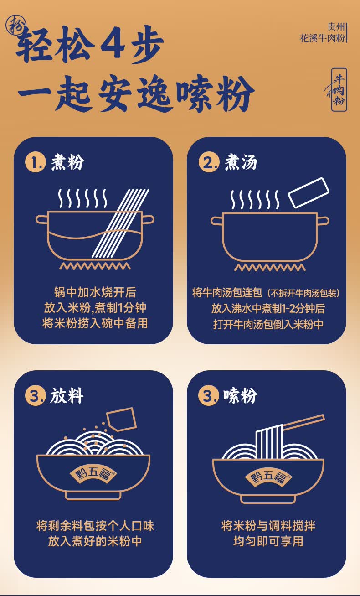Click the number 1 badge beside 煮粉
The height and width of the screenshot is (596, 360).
36,162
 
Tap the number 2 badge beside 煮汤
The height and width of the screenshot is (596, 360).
209,162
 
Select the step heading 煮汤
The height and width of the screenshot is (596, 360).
241,162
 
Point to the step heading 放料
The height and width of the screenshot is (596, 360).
67,396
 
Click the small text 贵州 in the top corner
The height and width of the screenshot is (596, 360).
336,27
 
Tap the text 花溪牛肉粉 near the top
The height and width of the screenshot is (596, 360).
322,38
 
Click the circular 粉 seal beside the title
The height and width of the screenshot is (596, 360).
16,25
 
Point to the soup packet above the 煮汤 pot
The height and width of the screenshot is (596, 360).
309,192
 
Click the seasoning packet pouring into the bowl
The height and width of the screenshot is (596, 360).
122,420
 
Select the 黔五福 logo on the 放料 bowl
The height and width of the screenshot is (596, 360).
93,474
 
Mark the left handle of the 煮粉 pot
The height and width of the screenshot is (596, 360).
42,219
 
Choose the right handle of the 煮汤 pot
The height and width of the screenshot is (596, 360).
323,221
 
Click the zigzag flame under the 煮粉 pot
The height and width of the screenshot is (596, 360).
95,266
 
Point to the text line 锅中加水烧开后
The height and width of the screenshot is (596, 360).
95,292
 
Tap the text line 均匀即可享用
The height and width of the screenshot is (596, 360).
268,541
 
